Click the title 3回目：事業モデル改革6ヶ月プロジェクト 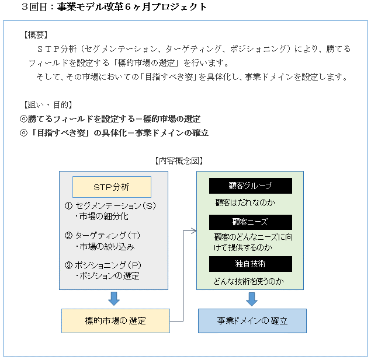tap(113, 7)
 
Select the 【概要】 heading tap(36, 35)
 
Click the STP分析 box tap(112, 187)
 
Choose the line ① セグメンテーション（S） tap(110, 206)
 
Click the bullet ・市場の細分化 tap(101, 216)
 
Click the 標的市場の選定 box tap(115, 321)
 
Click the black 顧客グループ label tap(250, 186)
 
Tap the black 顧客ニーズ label tap(250, 222)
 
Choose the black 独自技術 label tap(250, 264)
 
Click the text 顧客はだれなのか tap(245, 202)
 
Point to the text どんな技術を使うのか tap(249, 281)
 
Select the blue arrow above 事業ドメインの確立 tap(252, 299)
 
